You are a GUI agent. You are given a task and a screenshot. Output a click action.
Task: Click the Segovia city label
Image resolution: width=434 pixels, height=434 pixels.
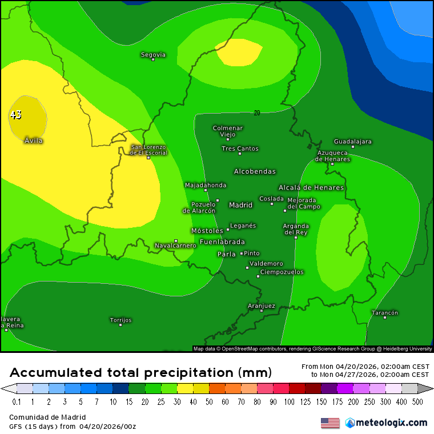153,55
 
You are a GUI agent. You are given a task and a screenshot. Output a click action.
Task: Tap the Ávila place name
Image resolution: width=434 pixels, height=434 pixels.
34,140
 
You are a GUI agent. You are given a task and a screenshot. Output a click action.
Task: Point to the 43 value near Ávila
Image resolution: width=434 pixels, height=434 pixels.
15,115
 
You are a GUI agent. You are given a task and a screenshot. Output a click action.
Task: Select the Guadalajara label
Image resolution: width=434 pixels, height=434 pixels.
352,141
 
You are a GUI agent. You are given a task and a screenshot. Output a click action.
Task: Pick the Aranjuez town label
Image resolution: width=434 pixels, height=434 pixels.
262,306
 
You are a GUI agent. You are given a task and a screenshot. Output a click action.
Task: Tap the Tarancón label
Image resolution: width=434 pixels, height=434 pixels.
384,312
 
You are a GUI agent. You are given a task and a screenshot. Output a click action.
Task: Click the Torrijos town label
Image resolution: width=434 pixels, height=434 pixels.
120,320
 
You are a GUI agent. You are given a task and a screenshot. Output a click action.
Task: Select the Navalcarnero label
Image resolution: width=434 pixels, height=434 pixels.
175,246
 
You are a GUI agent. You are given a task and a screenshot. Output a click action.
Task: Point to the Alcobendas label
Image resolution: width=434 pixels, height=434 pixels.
255,171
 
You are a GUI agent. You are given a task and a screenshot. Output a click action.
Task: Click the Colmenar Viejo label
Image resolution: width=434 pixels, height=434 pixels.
228,131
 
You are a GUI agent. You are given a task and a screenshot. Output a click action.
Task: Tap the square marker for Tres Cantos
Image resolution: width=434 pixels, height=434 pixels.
240,154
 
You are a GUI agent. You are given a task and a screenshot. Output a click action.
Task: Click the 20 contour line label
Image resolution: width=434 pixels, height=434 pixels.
257,113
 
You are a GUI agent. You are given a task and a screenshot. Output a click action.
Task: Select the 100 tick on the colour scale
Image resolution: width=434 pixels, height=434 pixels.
291,402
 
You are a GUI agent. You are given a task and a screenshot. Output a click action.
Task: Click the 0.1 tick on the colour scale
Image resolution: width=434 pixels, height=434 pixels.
17,402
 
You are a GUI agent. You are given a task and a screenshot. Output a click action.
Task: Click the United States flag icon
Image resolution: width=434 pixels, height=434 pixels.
330,423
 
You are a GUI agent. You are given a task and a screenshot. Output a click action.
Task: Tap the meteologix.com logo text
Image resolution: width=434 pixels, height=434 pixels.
391,423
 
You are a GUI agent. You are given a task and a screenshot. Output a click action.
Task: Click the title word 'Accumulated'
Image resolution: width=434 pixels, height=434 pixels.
57,373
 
